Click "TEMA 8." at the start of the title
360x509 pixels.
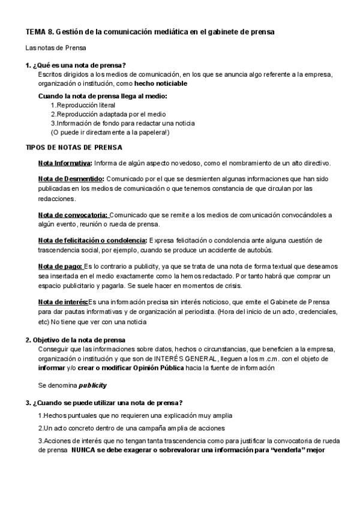pos(38,32)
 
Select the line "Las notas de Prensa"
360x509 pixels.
pos(56,47)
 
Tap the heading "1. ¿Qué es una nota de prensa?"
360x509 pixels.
pos(76,65)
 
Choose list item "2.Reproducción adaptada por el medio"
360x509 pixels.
pos(108,114)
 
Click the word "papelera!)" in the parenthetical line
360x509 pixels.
pos(154,132)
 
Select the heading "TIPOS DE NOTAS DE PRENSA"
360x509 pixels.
pos(74,147)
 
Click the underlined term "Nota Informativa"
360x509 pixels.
pos(64,163)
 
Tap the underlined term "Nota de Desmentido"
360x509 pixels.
pos(71,179)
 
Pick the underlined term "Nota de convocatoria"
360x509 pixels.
pos(73,214)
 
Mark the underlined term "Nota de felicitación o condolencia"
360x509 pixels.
pos(92,240)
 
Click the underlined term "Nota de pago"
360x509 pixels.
pos(60,266)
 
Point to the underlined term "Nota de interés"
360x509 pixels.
pos(62,301)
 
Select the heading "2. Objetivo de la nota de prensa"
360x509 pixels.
pos(75,340)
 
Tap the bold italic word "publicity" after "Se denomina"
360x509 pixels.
pos(94,385)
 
